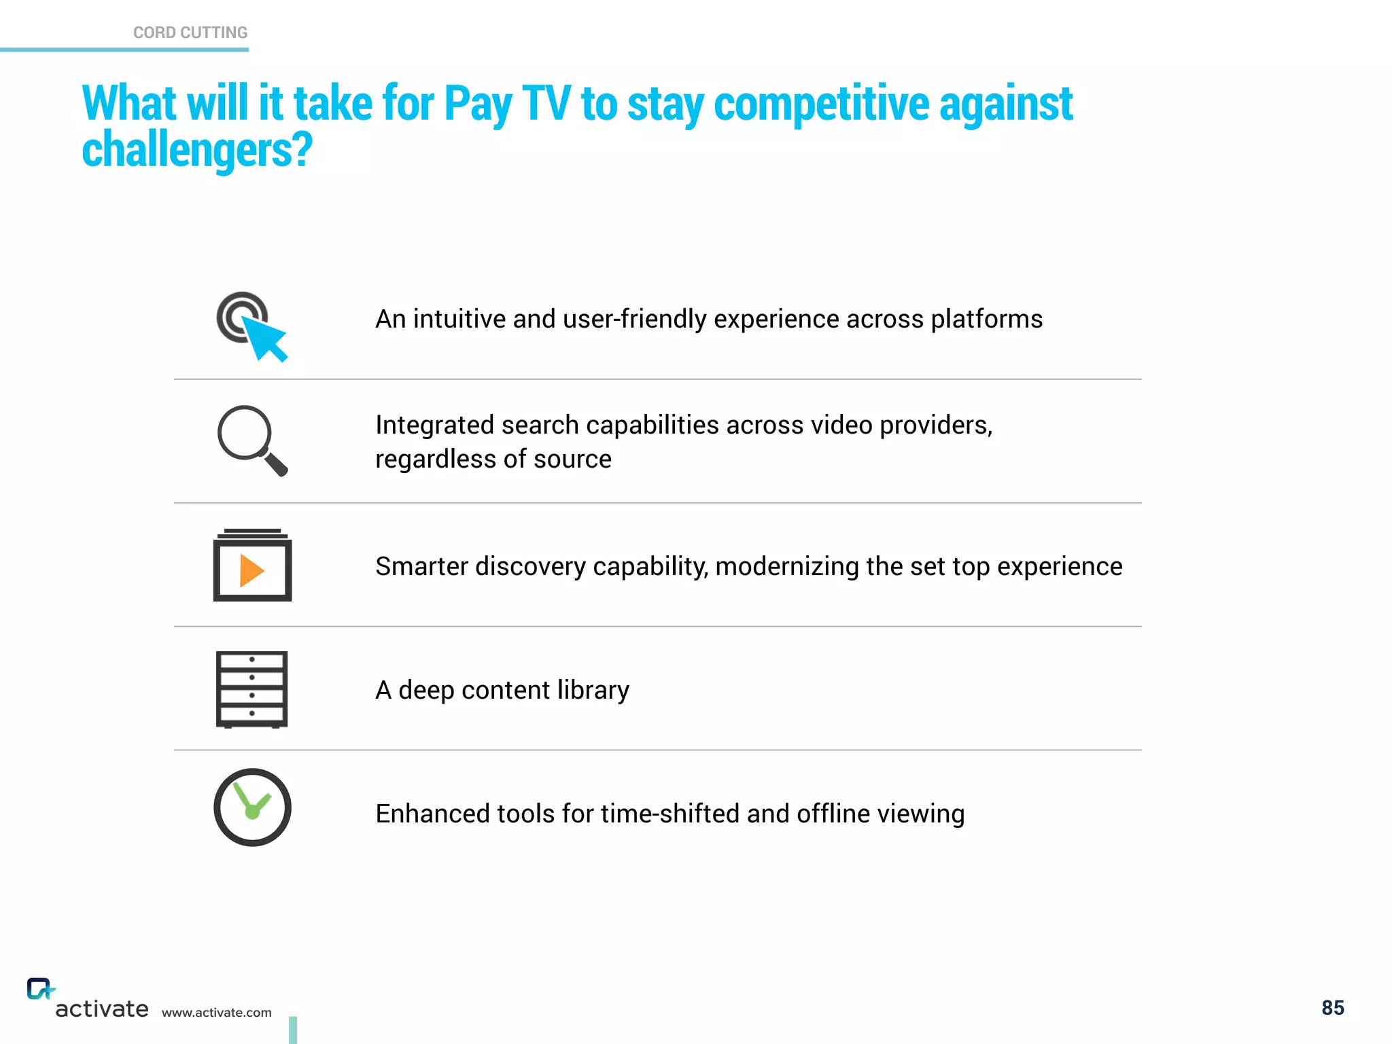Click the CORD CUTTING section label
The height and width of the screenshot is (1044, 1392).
(190, 33)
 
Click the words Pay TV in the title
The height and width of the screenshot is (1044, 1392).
(506, 104)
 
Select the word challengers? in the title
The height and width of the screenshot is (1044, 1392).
(197, 150)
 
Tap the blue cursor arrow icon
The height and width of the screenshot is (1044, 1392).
(265, 338)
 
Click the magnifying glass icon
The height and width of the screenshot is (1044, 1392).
(251, 440)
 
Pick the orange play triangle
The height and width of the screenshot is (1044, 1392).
(251, 570)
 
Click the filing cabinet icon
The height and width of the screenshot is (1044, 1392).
(251, 689)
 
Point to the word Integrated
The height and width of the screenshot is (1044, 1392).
(434, 425)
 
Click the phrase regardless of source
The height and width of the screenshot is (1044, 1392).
(493, 459)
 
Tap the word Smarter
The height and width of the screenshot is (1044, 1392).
(421, 567)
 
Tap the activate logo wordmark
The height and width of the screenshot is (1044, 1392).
(101, 1009)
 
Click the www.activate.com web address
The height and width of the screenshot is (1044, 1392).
(216, 1013)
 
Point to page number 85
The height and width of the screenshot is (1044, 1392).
(1332, 1008)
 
